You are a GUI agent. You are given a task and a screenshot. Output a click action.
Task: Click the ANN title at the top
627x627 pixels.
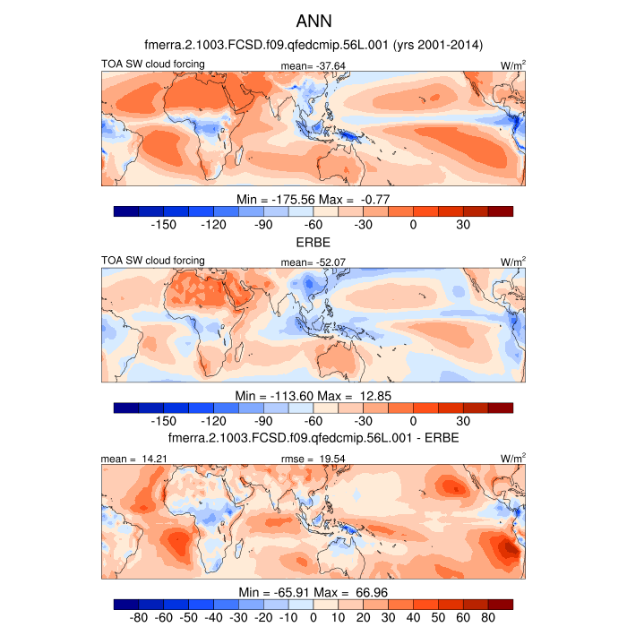pos(313,19)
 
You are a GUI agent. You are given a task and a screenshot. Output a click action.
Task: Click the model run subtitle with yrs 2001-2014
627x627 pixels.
pos(313,44)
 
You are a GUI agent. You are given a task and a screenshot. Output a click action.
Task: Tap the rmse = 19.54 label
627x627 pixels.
pos(307,459)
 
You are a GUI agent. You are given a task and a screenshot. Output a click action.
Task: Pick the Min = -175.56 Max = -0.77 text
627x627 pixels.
pos(313,198)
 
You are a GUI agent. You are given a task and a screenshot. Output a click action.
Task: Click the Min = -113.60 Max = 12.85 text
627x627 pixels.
pos(313,395)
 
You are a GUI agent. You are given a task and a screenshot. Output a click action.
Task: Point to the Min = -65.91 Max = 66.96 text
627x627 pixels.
pos(313,592)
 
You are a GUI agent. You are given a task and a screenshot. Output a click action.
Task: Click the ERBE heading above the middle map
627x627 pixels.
pos(313,242)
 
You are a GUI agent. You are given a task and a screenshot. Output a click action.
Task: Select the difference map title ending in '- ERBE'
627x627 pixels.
pos(313,437)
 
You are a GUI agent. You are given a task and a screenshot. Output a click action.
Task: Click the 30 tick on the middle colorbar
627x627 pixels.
pos(463,421)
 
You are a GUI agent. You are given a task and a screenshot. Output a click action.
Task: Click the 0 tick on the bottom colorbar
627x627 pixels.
pos(313,618)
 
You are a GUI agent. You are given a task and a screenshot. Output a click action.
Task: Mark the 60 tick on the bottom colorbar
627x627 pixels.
pos(463,618)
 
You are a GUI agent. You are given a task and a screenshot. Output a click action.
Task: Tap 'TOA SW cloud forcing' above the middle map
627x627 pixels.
pos(153,261)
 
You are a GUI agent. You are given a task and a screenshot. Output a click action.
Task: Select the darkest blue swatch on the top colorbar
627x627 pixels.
pos(126,211)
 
